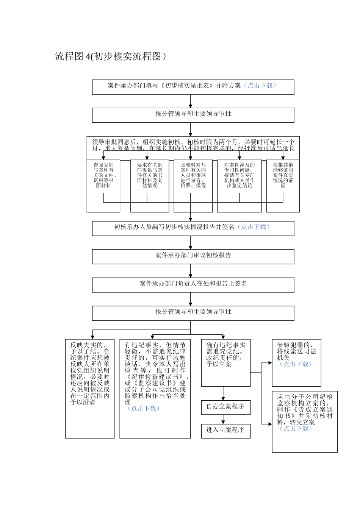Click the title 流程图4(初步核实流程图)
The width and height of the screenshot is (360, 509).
coord(111,56)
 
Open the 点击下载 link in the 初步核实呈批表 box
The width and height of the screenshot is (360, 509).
coord(260,86)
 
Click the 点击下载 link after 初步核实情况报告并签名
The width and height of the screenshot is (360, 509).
coord(254,227)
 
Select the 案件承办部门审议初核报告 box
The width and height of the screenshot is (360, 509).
coord(193,256)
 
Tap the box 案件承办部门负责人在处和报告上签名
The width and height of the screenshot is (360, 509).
coord(193,284)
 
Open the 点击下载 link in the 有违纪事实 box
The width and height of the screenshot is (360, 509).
coord(143,409)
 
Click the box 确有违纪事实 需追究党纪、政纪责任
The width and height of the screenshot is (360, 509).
coord(225,362)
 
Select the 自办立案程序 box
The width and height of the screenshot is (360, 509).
coord(225,407)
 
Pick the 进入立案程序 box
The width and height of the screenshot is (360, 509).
coord(225,430)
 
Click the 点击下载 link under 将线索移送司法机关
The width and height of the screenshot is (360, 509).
coord(296,364)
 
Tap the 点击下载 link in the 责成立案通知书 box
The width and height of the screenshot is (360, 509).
coord(296,428)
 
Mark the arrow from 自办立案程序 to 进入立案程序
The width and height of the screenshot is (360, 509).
coord(223,419)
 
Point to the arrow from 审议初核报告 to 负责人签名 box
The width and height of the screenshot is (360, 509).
coord(191,271)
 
